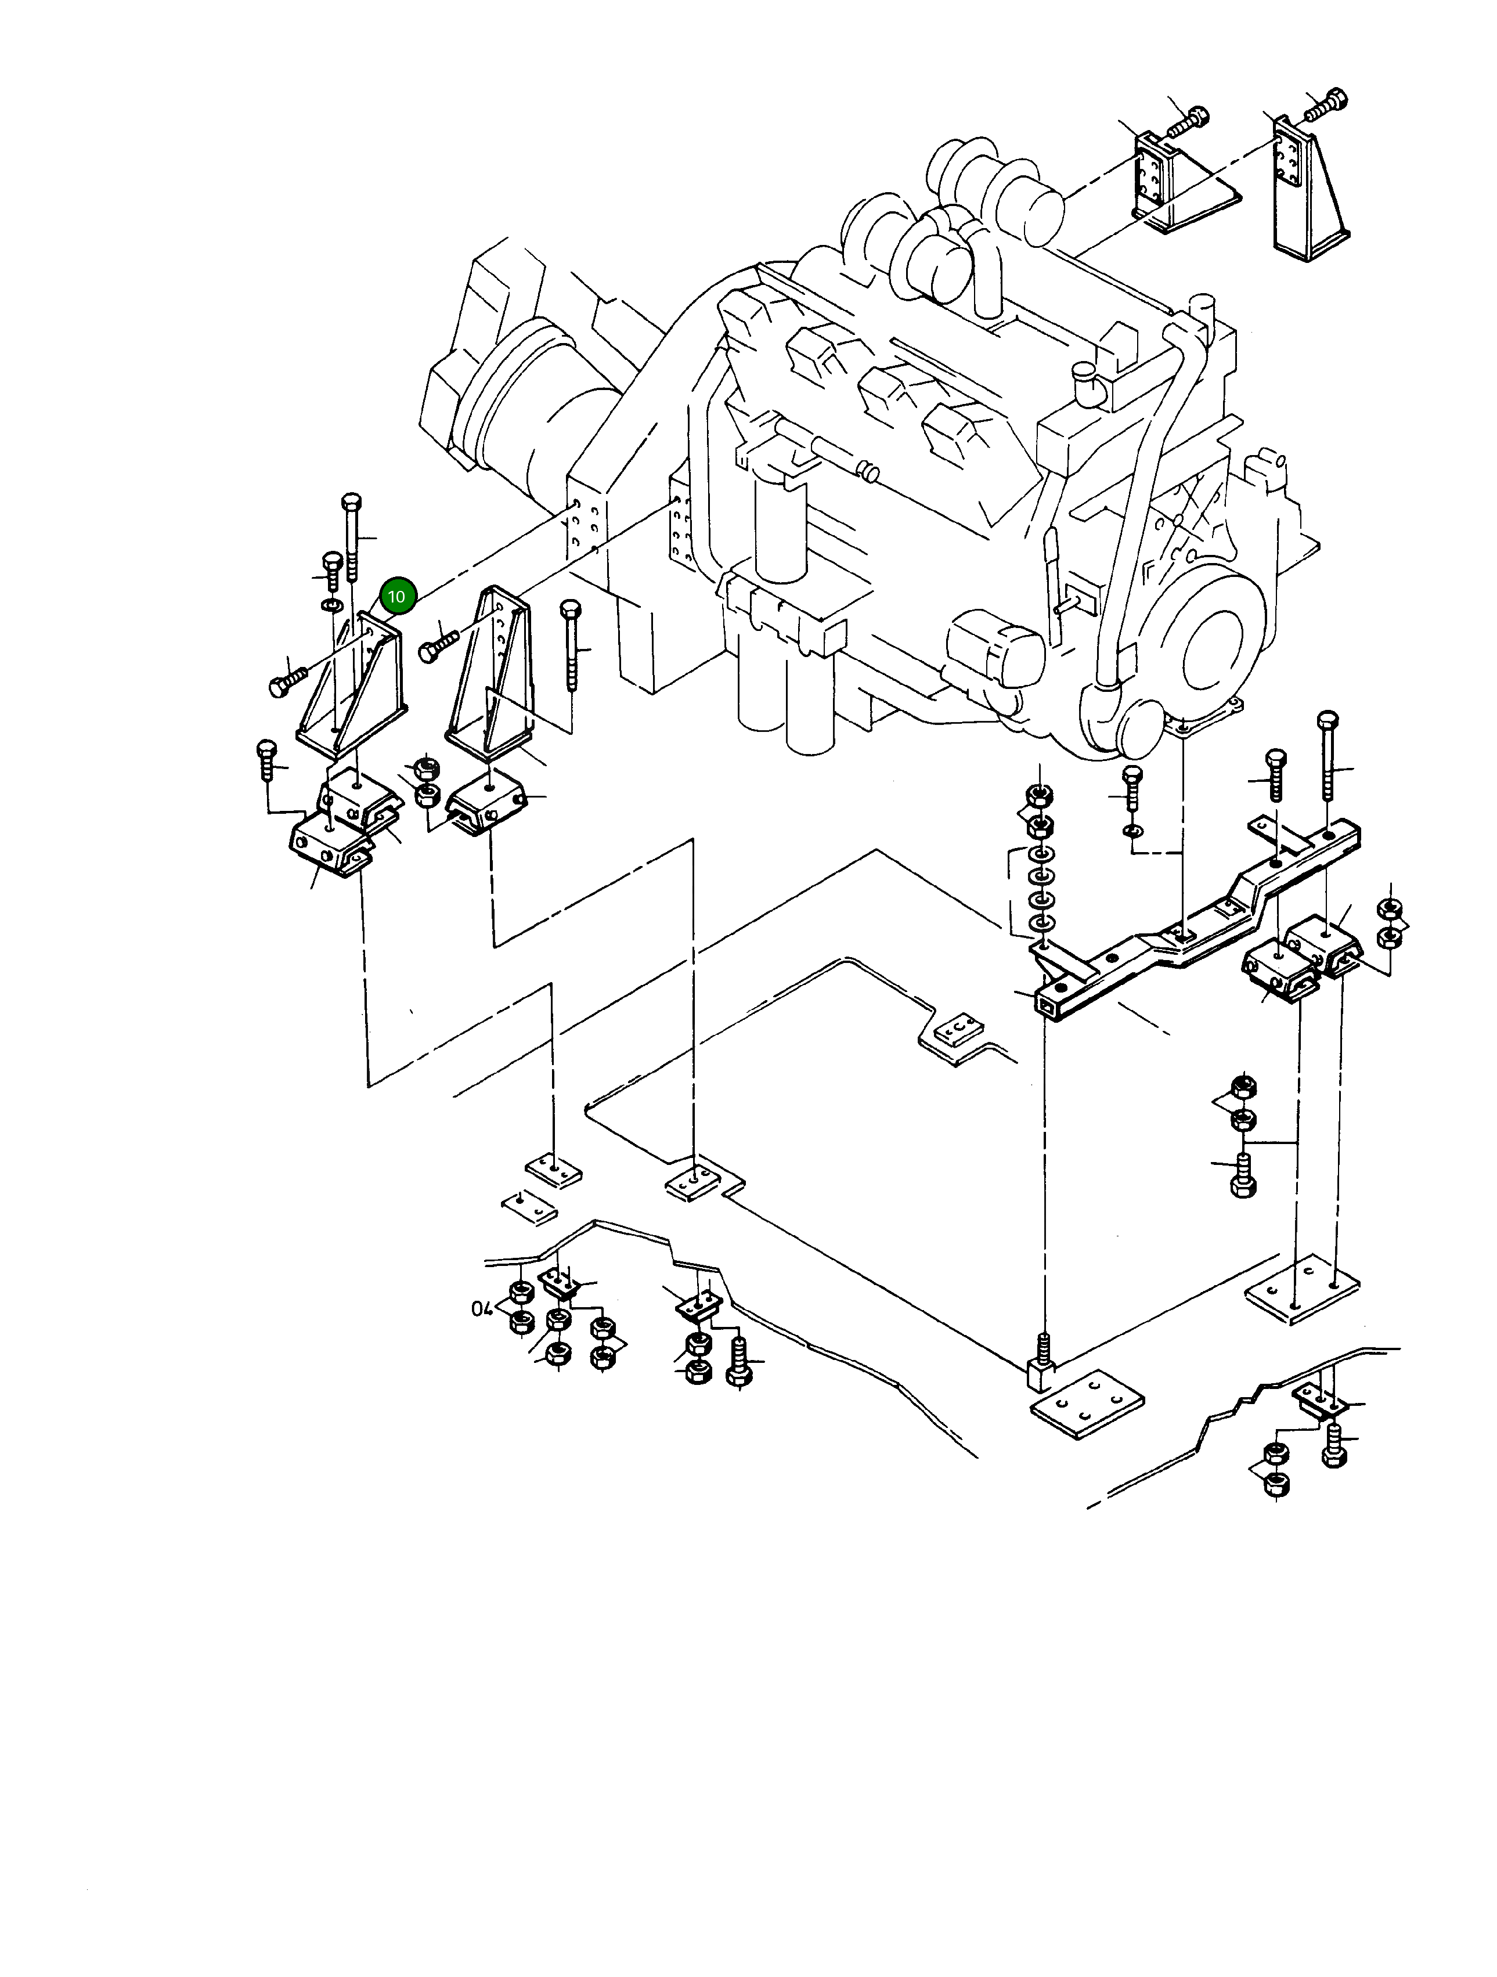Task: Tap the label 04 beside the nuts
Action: (x=482, y=1309)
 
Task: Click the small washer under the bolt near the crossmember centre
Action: (x=1133, y=833)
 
